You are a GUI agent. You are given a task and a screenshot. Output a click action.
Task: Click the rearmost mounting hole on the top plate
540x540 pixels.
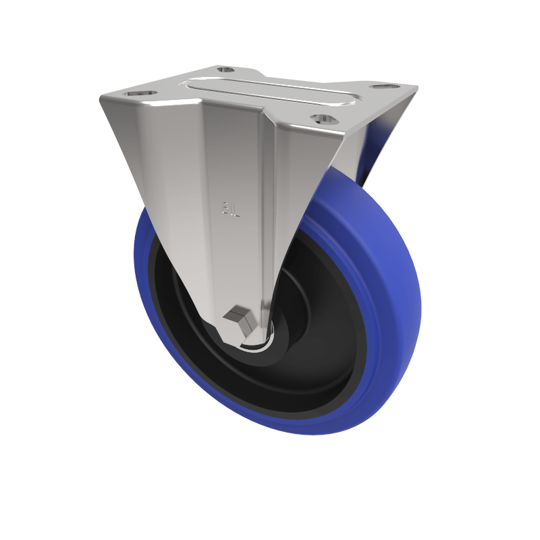225,70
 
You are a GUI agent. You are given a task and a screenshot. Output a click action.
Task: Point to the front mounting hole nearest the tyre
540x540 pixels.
324,119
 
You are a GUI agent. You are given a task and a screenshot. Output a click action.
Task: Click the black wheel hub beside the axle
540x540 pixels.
297,351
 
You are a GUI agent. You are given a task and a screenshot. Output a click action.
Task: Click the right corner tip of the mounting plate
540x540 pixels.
416,88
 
